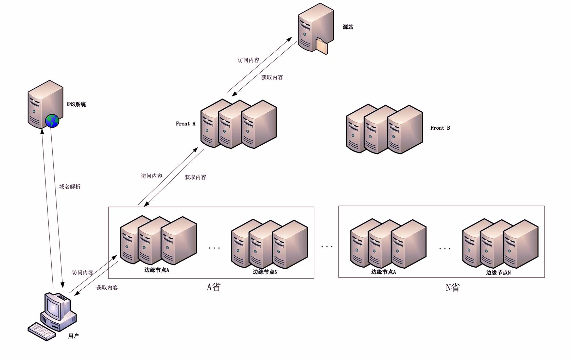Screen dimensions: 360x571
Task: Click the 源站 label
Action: [348, 27]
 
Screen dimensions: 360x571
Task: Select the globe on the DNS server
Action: [52, 121]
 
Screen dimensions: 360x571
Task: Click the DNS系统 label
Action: [76, 105]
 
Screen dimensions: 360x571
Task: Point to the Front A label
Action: [186, 124]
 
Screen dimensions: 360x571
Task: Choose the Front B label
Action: [440, 128]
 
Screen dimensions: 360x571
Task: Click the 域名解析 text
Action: [70, 187]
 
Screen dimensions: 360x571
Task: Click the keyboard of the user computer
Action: [41, 331]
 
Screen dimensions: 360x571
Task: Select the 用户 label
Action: [73, 336]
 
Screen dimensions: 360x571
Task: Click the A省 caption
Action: [214, 287]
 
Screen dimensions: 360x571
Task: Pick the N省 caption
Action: [453, 288]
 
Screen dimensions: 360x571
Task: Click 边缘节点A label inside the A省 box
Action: [157, 270]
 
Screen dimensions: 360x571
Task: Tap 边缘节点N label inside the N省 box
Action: [498, 272]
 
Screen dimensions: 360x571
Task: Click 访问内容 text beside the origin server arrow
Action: [248, 60]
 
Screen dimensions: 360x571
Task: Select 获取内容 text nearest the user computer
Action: [107, 288]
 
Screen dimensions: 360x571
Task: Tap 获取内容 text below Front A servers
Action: [195, 177]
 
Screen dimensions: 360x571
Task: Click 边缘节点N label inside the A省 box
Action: [265, 272]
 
